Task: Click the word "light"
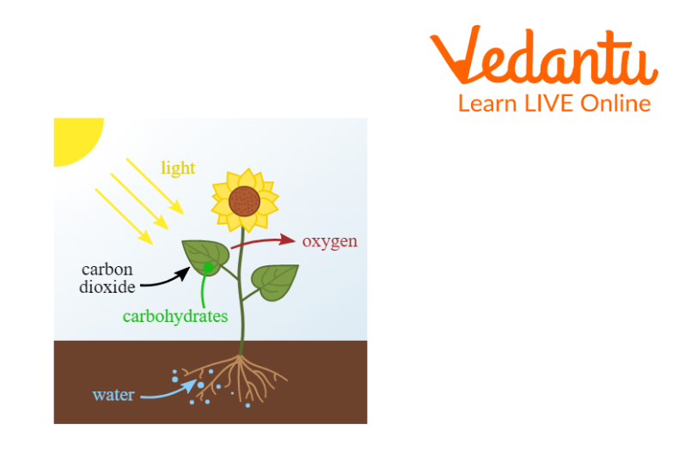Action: (178, 168)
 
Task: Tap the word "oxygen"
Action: (330, 241)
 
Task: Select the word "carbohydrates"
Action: (175, 316)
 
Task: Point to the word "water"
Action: (113, 395)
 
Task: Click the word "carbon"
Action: (107, 270)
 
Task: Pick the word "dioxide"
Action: (107, 287)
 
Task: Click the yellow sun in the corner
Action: (76, 139)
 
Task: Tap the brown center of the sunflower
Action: (244, 201)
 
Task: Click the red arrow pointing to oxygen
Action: (263, 241)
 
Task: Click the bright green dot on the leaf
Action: (208, 267)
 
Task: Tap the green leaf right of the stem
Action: (275, 282)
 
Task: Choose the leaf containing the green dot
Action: (205, 258)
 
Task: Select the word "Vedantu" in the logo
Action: (544, 55)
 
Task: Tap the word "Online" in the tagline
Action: (615, 104)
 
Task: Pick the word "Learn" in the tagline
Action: (487, 104)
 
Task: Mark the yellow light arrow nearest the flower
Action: (156, 186)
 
